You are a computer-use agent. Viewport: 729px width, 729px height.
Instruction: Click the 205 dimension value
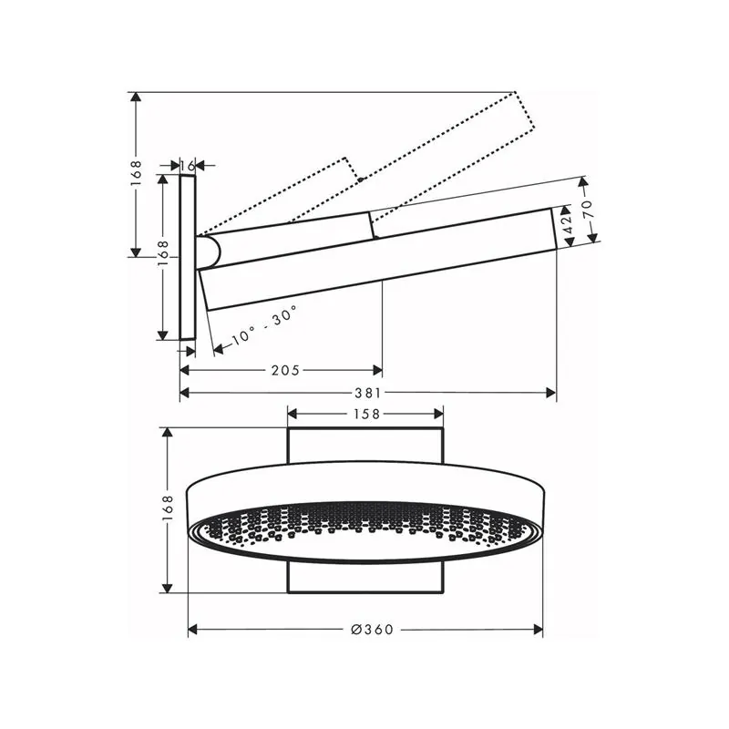tap(285, 371)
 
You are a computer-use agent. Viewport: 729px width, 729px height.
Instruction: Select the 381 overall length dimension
tap(368, 394)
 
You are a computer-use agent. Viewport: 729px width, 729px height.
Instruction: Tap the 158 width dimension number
tap(366, 414)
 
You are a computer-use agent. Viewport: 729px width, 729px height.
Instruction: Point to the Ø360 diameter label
tap(372, 630)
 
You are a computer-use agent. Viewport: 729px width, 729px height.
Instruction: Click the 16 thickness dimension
tap(188, 165)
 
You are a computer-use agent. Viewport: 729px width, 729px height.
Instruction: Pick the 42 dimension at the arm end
tap(568, 225)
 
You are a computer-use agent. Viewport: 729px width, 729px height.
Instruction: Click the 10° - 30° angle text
tap(263, 325)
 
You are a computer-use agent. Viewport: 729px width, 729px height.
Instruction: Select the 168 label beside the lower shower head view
tap(168, 510)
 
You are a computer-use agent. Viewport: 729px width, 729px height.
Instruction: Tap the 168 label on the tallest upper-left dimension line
tap(135, 173)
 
